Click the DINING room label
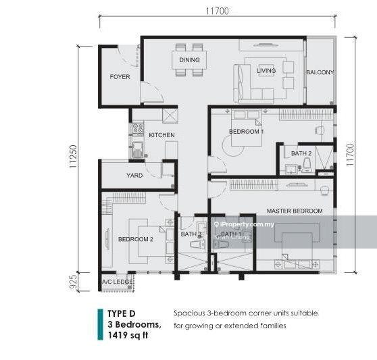point(189,60)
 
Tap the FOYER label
point(120,77)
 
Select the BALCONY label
point(320,72)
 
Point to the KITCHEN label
point(161,135)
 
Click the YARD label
point(134,176)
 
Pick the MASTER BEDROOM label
point(295,211)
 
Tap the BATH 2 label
point(301,153)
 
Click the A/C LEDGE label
point(117,282)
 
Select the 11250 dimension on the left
point(73,156)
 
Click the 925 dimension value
point(73,282)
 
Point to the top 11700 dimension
point(218,11)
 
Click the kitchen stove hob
point(138,128)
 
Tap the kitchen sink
point(138,149)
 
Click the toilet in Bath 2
point(307,165)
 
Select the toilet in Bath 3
point(197,245)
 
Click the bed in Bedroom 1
point(247,128)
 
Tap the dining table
point(189,60)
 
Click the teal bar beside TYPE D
point(100,324)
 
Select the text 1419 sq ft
point(128,335)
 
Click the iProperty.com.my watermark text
point(245,224)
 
